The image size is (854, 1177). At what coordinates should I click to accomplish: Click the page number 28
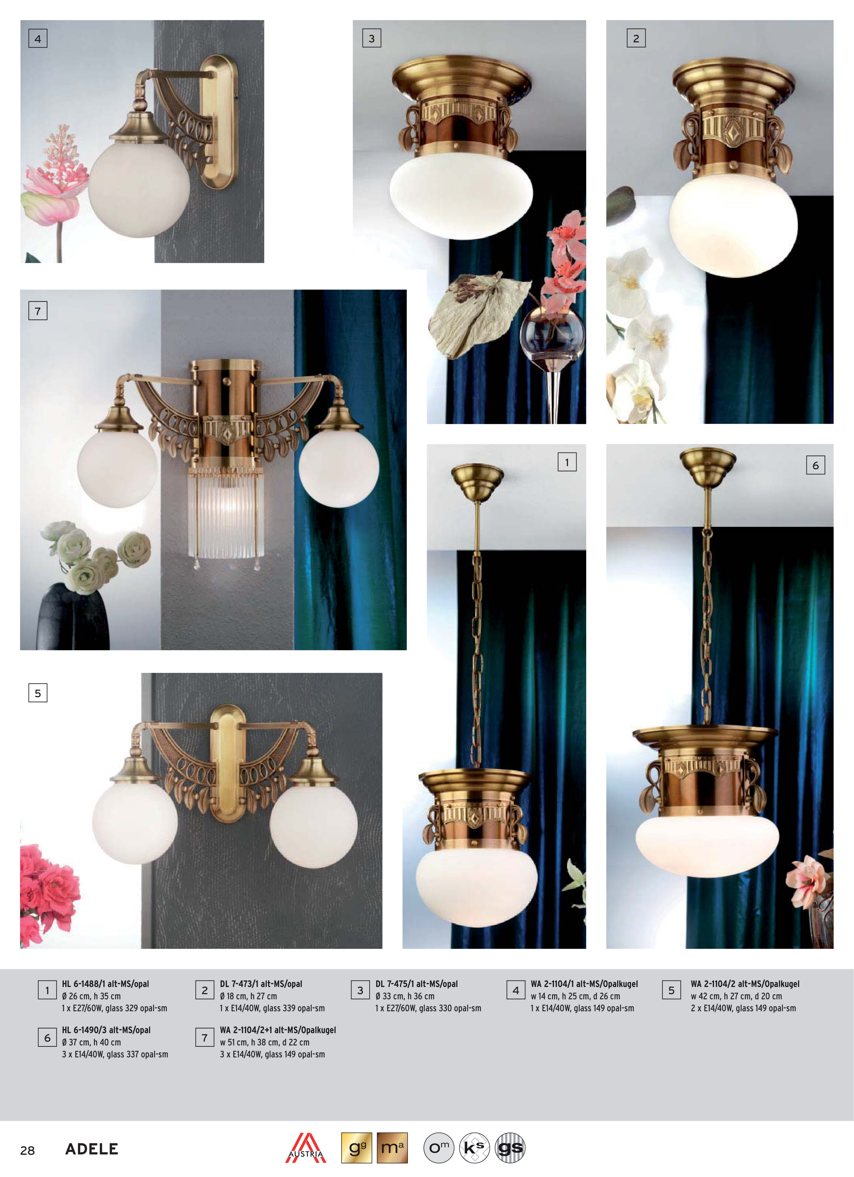(27, 1150)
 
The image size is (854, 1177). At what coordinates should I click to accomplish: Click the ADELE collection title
(92, 1149)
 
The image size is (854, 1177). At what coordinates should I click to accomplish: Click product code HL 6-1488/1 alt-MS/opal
(105, 984)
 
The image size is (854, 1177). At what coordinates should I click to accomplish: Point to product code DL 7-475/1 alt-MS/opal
(417, 984)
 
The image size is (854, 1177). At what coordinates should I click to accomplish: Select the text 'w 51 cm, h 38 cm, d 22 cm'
(265, 1042)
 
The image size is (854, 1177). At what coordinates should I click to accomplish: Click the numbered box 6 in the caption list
(47, 1038)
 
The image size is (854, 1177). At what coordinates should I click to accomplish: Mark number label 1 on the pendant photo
(567, 462)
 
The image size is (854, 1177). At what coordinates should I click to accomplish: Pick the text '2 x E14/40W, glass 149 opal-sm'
(743, 1008)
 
